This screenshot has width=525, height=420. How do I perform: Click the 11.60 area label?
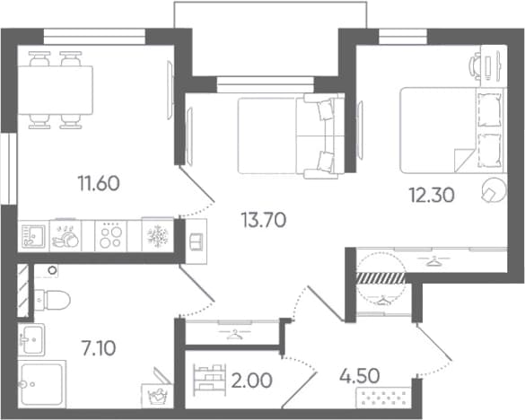[x=99, y=184]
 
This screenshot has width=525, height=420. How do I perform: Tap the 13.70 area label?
[x=264, y=221]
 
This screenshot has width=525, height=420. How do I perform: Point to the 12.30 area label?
[x=432, y=195]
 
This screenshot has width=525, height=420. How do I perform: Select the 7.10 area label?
[x=99, y=347]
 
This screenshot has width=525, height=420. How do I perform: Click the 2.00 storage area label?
[x=251, y=381]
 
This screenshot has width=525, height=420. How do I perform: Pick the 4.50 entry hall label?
[x=359, y=376]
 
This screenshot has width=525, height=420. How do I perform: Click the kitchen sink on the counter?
[x=33, y=236]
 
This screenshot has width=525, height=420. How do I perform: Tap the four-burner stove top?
[x=110, y=235]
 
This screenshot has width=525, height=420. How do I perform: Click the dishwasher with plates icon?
[x=66, y=235]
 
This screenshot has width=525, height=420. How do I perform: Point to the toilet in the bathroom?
[x=52, y=300]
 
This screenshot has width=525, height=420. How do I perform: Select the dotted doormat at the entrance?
[x=383, y=398]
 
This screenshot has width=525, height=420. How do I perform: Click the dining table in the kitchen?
[x=56, y=90]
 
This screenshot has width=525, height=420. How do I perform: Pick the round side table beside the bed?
[x=494, y=190]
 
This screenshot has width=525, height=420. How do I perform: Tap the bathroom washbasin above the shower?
[x=31, y=339]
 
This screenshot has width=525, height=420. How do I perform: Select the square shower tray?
[x=42, y=384]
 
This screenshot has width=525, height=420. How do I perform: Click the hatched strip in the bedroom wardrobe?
[x=381, y=278]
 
